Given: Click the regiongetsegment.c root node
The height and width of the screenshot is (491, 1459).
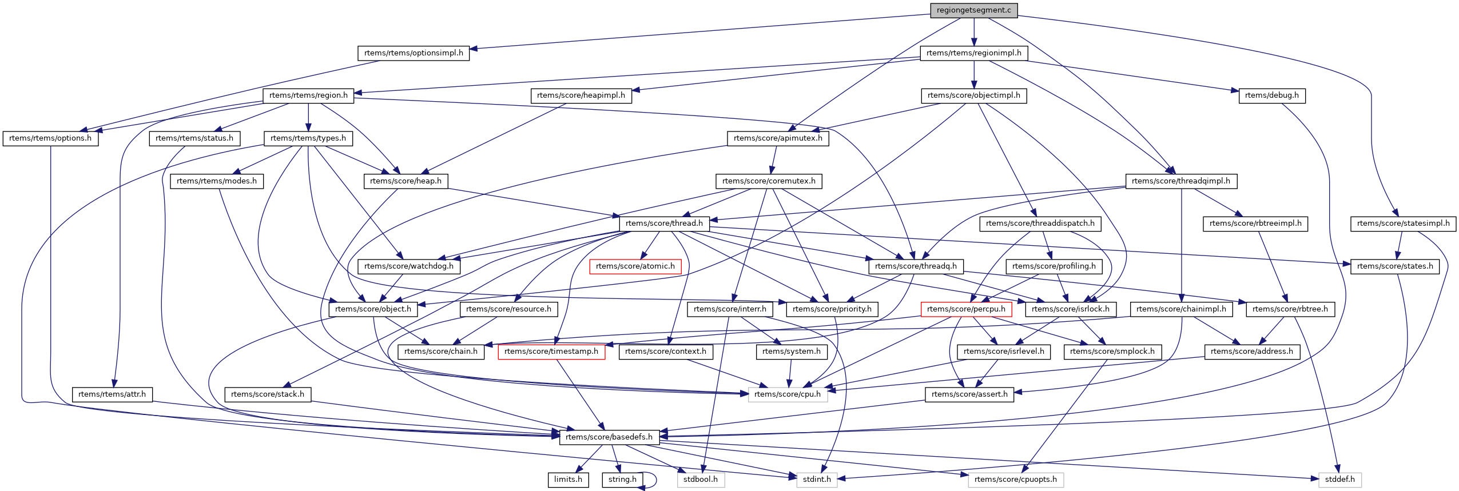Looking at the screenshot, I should pos(973,10).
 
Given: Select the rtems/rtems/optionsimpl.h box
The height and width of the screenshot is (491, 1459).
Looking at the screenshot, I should pos(414,53).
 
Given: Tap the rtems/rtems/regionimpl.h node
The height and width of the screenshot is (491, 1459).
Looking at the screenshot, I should pos(973,53).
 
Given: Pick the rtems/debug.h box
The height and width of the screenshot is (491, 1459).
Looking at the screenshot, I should pos(1271,95).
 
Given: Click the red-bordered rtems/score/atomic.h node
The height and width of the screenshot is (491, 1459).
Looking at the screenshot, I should pos(635,266).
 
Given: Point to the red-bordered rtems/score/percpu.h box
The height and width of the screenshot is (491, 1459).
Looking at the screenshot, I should pos(966,309).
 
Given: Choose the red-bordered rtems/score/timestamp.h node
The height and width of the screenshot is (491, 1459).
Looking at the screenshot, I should pos(551,352).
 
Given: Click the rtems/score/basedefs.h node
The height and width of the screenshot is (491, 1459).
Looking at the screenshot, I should pos(609,437).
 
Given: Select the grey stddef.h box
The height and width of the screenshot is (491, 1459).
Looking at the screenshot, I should pos(1339,480).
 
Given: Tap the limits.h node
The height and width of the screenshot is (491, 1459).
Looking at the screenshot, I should pos(568,480).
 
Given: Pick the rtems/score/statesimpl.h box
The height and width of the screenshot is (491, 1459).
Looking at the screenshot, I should pos(1403,223).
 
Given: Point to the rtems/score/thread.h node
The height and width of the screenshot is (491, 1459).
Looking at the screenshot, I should pos(664,223).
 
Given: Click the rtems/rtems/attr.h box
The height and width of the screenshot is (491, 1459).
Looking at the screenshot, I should pos(112,394).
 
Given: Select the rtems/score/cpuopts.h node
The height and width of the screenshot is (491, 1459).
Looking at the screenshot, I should pos(1015,480).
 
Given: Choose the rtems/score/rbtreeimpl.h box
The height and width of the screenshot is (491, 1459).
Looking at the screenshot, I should pos(1255,223).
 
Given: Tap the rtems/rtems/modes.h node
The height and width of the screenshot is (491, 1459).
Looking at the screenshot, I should pos(217,181).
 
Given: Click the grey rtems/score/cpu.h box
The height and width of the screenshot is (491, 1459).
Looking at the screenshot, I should pos(788,394).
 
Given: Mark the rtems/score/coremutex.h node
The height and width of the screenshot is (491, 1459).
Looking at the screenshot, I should pos(769,181).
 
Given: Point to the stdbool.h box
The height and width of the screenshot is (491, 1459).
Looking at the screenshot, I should pos(701,480).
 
